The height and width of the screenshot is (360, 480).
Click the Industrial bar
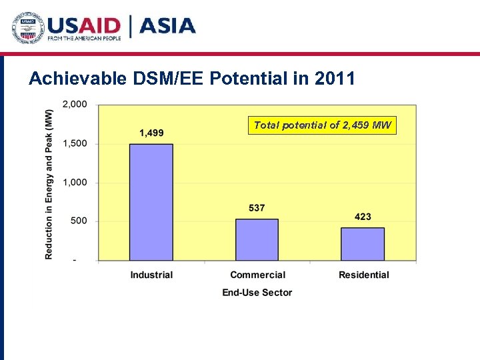point(151,201)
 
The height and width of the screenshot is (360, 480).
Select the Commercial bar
point(257,239)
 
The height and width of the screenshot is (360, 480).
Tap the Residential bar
point(363,243)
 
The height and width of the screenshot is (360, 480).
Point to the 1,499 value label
point(151,133)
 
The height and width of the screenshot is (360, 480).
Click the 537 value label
point(257,208)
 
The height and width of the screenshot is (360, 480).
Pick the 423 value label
point(363,217)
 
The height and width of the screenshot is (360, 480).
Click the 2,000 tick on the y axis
point(74,105)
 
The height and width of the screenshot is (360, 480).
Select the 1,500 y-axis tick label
point(74,143)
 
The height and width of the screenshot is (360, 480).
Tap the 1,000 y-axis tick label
point(74,182)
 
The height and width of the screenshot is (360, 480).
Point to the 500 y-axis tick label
point(79,221)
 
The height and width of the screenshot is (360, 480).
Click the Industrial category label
point(151,275)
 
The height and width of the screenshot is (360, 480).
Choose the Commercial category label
point(257,275)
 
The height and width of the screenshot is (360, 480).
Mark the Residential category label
point(363,275)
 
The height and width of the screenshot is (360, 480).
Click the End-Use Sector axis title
point(257,292)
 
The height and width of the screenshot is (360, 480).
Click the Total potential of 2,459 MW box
point(323,125)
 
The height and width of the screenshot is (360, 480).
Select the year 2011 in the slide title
point(335,79)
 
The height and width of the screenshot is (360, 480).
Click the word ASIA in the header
point(167,26)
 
